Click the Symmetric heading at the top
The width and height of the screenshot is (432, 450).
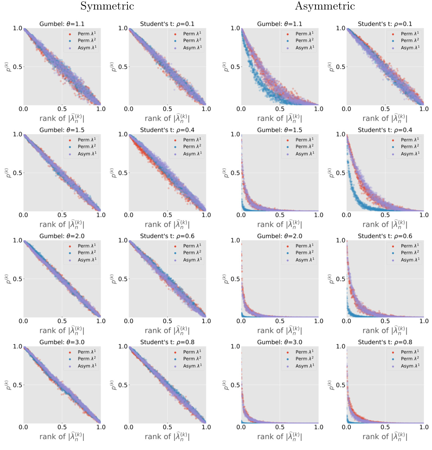click(107, 6)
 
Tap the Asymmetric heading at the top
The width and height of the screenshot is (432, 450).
click(325, 6)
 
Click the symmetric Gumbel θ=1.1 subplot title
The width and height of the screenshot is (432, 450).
click(62, 24)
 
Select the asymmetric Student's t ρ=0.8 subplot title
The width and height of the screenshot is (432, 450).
click(385, 342)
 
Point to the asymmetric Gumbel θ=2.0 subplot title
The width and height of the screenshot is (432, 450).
click(280, 236)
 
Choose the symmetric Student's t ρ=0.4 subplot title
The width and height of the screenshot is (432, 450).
click(167, 130)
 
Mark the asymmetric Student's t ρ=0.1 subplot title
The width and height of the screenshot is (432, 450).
click(385, 24)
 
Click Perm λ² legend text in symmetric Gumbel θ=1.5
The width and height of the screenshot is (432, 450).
click(87, 146)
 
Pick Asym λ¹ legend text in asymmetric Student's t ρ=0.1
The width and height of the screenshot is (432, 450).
click(410, 48)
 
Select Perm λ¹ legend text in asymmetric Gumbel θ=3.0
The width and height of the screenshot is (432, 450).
click(305, 352)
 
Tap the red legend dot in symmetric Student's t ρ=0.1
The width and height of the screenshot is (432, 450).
click(175, 34)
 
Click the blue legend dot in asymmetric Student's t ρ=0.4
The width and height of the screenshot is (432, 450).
click(393, 147)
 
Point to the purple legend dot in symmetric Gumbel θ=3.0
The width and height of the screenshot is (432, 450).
click(70, 366)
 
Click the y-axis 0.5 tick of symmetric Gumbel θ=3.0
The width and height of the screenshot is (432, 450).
click(18, 385)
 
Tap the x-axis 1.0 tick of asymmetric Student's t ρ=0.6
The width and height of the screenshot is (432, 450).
click(424, 321)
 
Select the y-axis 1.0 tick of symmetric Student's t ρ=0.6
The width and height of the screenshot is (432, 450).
click(123, 240)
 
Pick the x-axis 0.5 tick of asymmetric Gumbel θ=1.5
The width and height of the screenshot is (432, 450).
click(280, 215)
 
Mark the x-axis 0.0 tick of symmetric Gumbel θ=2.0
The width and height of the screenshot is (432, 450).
click(24, 321)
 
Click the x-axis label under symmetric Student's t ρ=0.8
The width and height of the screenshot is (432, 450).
click(167, 437)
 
